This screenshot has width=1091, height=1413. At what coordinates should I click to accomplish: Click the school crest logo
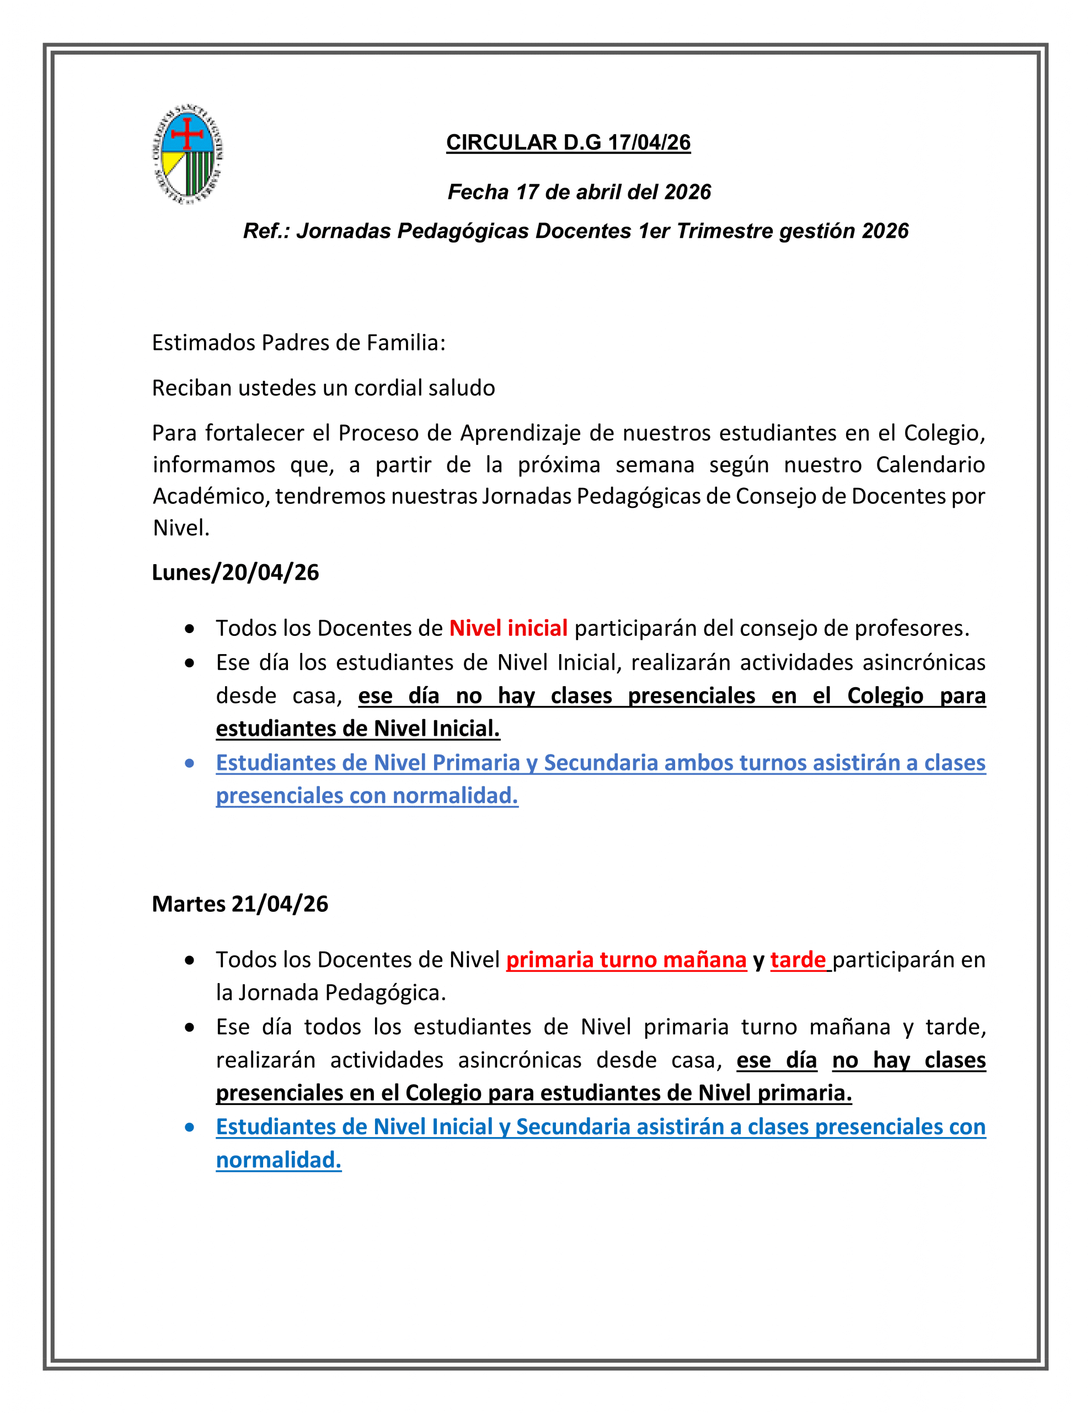(x=188, y=155)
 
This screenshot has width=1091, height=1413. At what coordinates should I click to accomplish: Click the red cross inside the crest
(x=188, y=133)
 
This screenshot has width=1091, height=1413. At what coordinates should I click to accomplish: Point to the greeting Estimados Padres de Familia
(x=298, y=342)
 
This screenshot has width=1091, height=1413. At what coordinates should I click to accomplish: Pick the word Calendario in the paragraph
(x=930, y=465)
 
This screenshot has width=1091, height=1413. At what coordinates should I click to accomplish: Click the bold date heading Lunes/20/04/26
(x=236, y=572)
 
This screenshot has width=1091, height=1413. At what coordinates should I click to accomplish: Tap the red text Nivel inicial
(x=509, y=628)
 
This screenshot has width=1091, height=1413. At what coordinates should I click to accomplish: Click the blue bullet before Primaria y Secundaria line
(x=190, y=763)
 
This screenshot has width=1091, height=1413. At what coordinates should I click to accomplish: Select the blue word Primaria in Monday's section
(x=476, y=763)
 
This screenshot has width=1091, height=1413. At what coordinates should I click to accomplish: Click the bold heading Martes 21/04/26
(x=240, y=904)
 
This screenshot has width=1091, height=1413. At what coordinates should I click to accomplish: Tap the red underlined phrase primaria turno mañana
(x=626, y=959)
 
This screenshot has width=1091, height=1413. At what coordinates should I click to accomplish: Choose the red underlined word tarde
(x=798, y=959)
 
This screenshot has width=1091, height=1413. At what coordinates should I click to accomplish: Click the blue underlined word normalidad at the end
(x=278, y=1160)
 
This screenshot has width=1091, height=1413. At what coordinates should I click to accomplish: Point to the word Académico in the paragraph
(x=211, y=496)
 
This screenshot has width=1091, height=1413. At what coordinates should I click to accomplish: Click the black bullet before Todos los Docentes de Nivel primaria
(x=190, y=961)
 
